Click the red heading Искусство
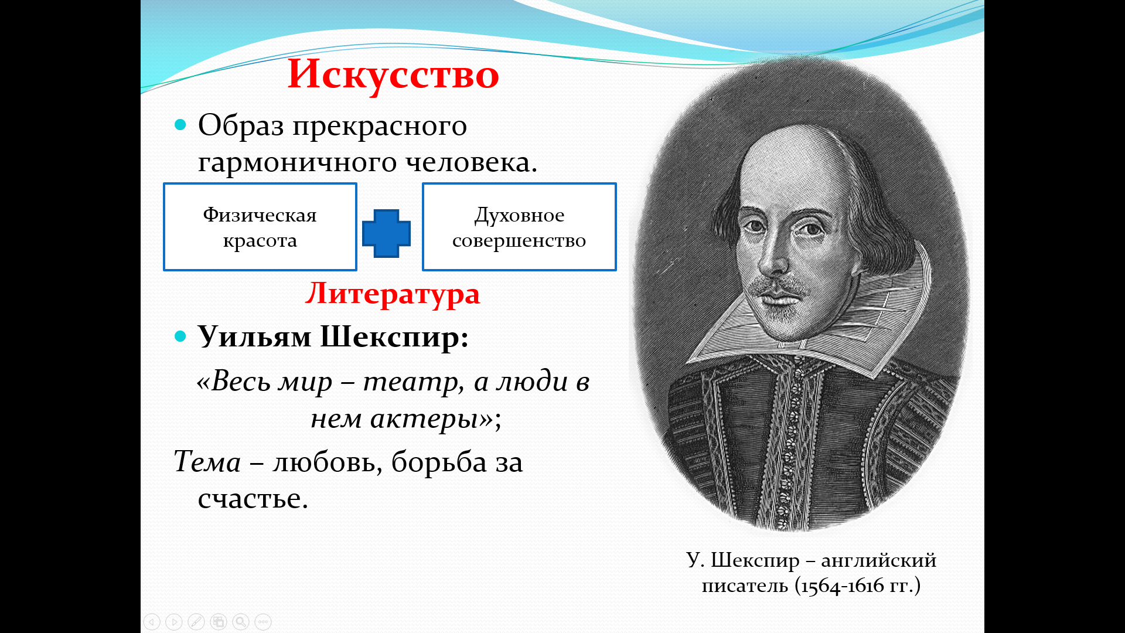click(393, 74)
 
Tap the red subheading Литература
click(393, 293)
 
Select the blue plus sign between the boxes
click(386, 233)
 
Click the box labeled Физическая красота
click(260, 227)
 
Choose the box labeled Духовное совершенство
click(519, 227)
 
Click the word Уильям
click(254, 337)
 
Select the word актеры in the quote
click(424, 419)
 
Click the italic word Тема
click(207, 461)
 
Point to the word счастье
click(253, 499)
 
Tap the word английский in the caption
click(878, 561)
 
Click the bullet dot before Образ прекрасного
click(180, 125)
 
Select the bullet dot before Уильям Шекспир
click(180, 336)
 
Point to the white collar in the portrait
click(820, 316)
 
